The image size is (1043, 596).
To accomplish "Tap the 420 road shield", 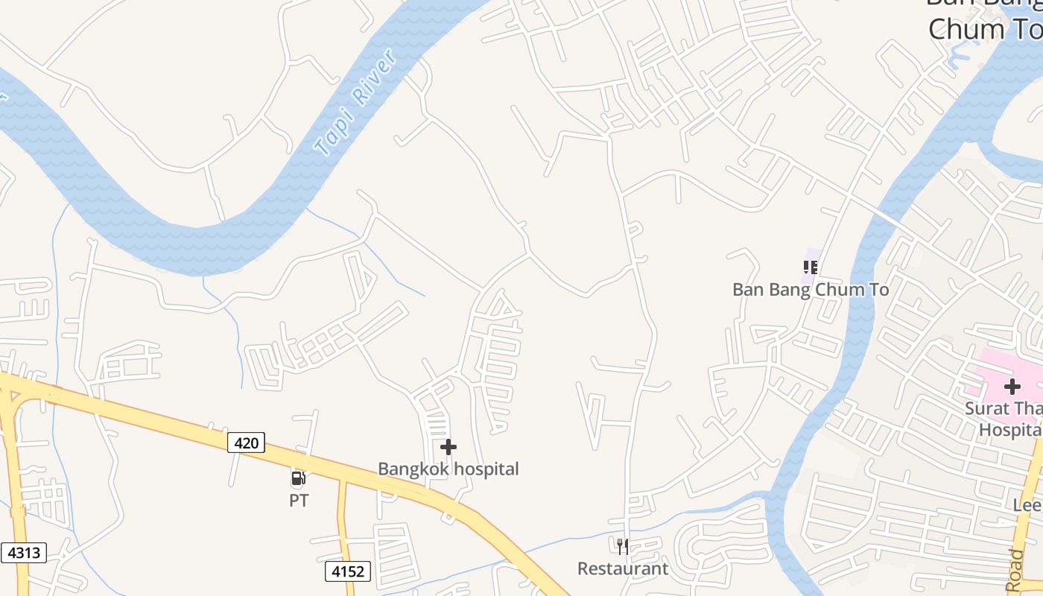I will point(246,443).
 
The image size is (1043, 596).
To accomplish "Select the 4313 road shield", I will point(24,553).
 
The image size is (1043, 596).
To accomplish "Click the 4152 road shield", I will point(348,571).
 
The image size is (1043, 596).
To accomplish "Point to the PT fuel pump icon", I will point(298,478).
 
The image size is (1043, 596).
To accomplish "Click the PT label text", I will point(299,501).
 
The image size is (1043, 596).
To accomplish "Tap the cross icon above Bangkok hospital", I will point(448,447).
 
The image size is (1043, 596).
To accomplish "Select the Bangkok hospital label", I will point(448,469).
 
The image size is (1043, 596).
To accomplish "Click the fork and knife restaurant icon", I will point(623,547).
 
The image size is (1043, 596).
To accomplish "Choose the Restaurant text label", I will point(623,569).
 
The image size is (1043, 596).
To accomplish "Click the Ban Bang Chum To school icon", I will point(811,267).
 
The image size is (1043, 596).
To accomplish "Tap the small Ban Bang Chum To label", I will point(811,290).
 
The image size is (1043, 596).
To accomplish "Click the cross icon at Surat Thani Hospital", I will point(1012,387).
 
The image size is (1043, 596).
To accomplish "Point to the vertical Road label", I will point(1015,571).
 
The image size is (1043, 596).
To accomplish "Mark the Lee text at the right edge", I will point(1027,505).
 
